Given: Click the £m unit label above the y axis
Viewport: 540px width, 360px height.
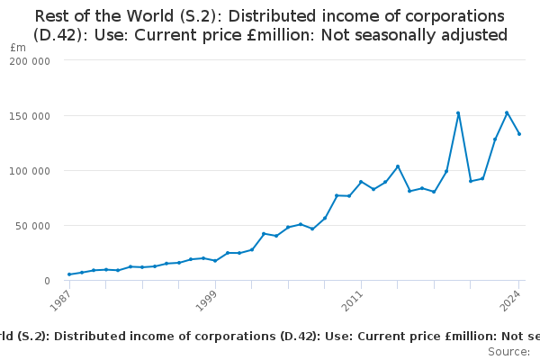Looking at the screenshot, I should pyautogui.click(x=17, y=47).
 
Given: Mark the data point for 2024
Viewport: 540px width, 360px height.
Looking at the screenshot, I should pyautogui.click(x=519, y=134).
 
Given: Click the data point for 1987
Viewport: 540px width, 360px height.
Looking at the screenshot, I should pyautogui.click(x=69, y=274).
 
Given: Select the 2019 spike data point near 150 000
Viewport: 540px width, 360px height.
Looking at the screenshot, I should pyautogui.click(x=458, y=113).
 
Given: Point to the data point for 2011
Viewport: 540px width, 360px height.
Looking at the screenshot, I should pyautogui.click(x=361, y=182).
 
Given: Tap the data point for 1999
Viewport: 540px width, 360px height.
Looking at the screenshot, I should pyautogui.click(x=215, y=261).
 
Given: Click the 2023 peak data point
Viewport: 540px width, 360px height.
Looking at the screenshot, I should pyautogui.click(x=507, y=112).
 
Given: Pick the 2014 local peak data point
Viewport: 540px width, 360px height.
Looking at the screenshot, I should pyautogui.click(x=398, y=166).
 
